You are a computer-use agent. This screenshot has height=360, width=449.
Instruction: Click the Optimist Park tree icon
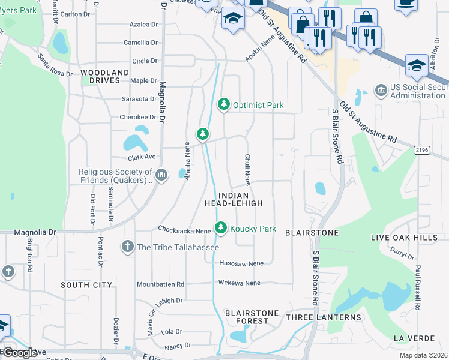(224, 104)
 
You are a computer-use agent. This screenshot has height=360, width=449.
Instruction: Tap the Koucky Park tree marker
(221, 228)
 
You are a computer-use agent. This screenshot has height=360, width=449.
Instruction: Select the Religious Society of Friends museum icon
(160, 175)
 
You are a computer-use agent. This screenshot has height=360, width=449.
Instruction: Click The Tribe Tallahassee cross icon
(127, 247)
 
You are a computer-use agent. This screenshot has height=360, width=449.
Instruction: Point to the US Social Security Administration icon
(380, 91)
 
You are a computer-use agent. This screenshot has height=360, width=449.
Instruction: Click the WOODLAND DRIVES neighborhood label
(105, 76)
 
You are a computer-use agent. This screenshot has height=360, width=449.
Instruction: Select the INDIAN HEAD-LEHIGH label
(241, 199)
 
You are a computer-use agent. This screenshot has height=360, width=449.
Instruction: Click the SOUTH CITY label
(86, 284)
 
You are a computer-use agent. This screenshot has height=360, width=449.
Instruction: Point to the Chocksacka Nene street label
(184, 230)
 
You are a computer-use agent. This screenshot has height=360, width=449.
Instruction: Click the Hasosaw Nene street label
(241, 263)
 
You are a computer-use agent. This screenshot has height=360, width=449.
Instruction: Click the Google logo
(20, 352)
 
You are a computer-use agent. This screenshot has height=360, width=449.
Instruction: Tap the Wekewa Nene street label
(240, 283)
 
